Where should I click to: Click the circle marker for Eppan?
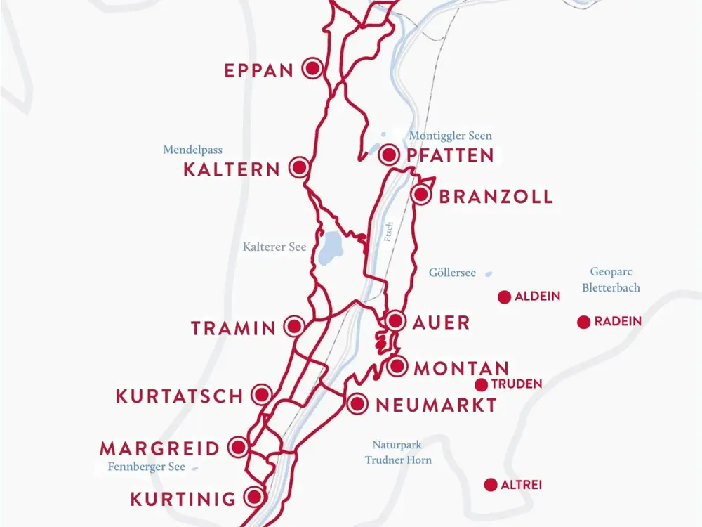coord(312,68)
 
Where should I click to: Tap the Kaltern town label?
coord(232,169)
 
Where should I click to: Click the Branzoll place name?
coord(496,196)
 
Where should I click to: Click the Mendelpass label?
coord(192,150)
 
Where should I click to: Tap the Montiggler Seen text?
coord(450,136)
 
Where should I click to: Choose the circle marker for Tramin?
coord(294,326)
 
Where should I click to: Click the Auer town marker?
coord(395,321)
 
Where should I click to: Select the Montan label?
coord(461,368)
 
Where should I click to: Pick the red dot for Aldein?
coord(504,297)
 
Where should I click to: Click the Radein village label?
coord(618,322)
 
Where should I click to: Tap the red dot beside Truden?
coord(481,384)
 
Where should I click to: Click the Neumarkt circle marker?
coord(357,403)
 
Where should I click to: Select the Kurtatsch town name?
coord(179,396)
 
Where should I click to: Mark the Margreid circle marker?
coord(239,447)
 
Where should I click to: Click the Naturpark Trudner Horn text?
coord(397,452)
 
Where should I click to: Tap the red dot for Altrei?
coord(491,485)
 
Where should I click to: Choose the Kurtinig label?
coord(183,500)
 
